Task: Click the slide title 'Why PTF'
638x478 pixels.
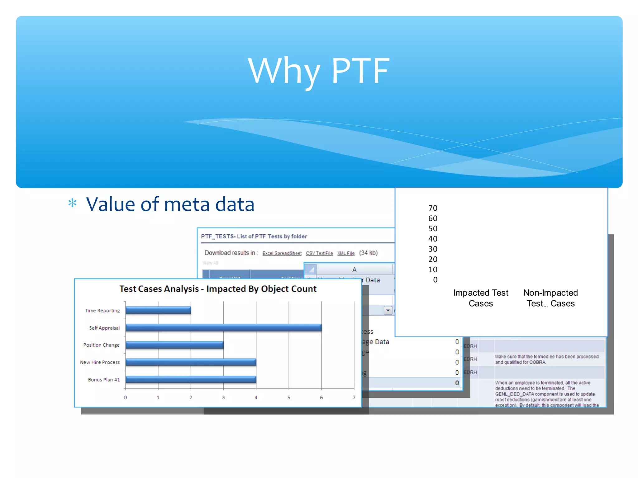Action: click(x=318, y=71)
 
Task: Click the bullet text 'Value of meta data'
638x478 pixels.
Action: click(x=170, y=204)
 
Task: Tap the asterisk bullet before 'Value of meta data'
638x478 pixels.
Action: click(x=72, y=203)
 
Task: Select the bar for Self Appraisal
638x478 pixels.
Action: click(x=223, y=327)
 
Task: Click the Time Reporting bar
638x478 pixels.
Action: click(x=158, y=310)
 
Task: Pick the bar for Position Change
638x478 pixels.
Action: click(x=174, y=345)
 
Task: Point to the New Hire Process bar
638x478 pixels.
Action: click(x=191, y=362)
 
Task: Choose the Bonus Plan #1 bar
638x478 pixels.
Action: click(x=191, y=379)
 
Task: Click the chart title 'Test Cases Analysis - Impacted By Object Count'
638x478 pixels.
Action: click(x=218, y=289)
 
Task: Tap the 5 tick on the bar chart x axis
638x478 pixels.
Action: click(x=289, y=397)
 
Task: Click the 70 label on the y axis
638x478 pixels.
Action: click(x=433, y=208)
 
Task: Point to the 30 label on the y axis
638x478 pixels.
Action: click(x=433, y=249)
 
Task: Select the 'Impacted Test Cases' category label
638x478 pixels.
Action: click(x=481, y=298)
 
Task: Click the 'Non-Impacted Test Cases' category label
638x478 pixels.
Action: click(x=550, y=298)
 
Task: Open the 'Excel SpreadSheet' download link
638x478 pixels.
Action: click(x=282, y=253)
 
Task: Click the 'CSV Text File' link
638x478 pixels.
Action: click(x=319, y=253)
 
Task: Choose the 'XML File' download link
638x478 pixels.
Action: click(x=346, y=253)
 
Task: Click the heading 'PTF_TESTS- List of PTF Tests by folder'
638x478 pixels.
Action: click(x=254, y=237)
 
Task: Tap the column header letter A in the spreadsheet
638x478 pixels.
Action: click(x=354, y=270)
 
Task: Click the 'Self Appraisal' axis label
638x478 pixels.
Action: click(x=104, y=328)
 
